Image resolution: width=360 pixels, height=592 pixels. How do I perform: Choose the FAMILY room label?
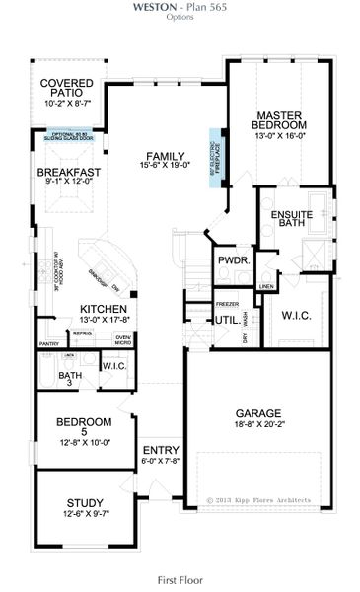click(x=165, y=157)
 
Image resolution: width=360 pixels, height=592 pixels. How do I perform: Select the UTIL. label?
click(x=225, y=319)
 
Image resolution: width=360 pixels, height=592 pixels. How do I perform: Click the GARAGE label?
click(x=259, y=413)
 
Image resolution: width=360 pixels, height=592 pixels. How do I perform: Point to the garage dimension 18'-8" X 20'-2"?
click(x=258, y=425)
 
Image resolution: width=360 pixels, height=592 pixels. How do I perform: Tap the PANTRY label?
click(x=50, y=343)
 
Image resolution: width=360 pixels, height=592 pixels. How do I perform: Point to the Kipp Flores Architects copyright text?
click(x=257, y=499)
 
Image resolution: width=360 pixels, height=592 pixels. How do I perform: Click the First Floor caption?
click(x=180, y=580)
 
